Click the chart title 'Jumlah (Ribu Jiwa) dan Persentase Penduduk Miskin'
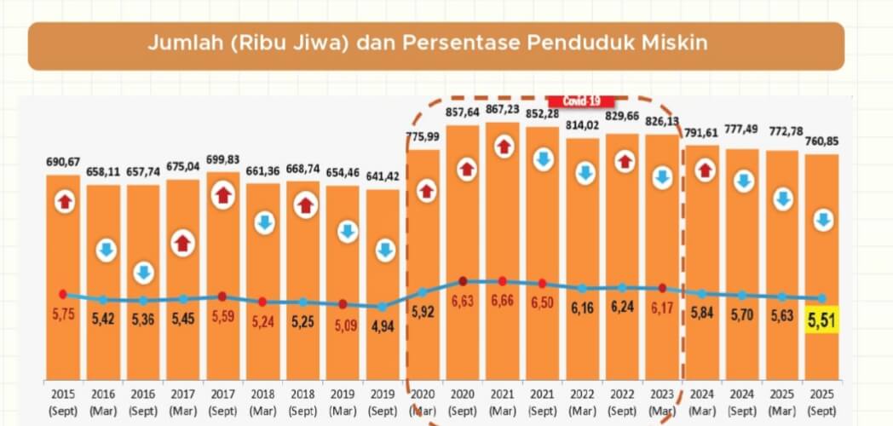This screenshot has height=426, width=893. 428,43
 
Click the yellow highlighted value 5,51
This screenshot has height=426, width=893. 822,319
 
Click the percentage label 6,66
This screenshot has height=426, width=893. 502,300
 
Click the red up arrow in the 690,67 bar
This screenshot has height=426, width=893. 66,202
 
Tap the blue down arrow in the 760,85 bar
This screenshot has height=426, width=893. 822,221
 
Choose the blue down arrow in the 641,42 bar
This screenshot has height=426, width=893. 385,250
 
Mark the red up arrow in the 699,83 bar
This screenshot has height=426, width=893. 223,196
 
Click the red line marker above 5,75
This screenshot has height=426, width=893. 63,294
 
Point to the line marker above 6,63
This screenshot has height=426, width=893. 463,281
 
